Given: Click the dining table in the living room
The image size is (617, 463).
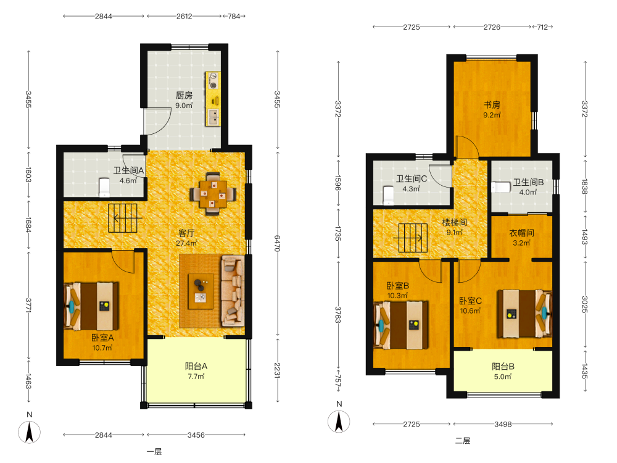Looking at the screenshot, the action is (x=213, y=194).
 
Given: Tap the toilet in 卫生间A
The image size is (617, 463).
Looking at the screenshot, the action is (x=104, y=187).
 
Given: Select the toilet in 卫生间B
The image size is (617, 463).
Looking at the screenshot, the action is (x=500, y=187).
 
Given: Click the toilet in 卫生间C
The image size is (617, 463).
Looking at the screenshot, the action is (x=388, y=196).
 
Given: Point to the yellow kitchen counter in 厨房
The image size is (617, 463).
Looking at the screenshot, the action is (x=213, y=99).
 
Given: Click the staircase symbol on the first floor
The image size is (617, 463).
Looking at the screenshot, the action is (x=123, y=218).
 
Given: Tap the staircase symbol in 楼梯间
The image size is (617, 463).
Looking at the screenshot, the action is (x=413, y=238).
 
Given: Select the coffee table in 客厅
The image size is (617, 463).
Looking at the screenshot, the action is (x=201, y=291).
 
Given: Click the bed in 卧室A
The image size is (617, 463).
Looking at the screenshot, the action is (x=91, y=306).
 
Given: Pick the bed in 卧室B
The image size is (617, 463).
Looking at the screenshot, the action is (x=401, y=325).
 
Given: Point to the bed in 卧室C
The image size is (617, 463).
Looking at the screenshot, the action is (x=524, y=314).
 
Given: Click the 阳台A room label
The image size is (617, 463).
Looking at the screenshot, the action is (x=196, y=366).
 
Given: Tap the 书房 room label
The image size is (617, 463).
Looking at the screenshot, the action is (x=492, y=105).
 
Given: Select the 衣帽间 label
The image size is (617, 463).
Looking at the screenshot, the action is (x=521, y=233).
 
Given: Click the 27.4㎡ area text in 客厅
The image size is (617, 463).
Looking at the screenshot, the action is (x=186, y=243).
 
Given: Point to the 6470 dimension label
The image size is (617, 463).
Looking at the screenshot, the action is (x=277, y=244).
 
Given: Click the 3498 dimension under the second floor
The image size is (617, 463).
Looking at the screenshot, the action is (x=503, y=424).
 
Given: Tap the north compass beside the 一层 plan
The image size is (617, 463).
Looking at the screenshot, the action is (x=29, y=432).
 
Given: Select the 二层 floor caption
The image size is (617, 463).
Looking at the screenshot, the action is (x=463, y=441).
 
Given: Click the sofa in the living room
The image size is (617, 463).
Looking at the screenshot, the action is (x=233, y=291).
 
